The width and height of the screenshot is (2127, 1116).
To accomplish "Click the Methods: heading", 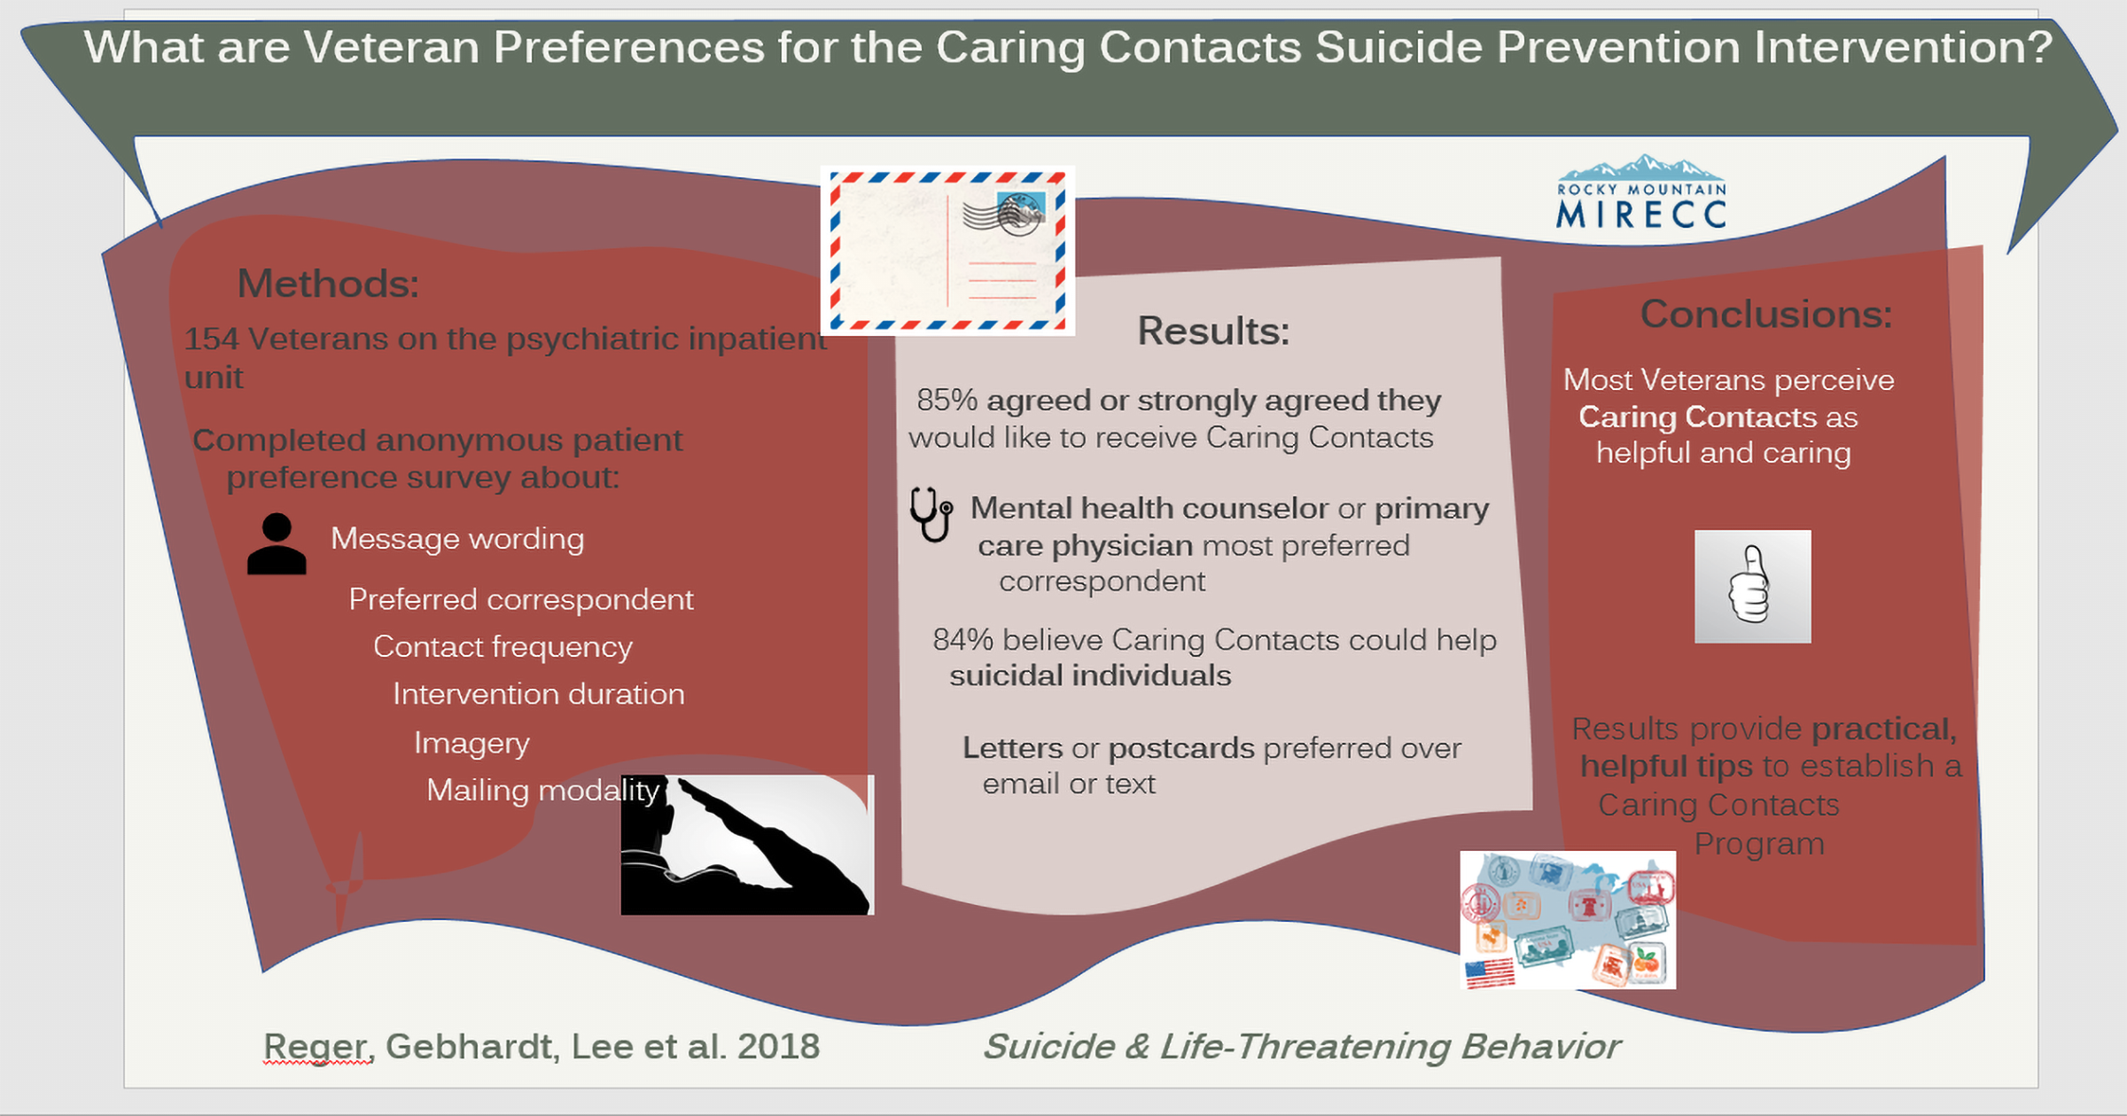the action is (328, 284).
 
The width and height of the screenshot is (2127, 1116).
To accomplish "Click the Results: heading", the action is (1213, 331).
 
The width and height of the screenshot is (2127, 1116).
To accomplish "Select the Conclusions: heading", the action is (1766, 314).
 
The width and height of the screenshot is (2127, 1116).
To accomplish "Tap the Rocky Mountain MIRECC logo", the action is (1641, 192).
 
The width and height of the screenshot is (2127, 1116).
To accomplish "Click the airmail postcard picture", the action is (947, 251).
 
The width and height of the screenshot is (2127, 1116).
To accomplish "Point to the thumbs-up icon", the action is (1752, 587).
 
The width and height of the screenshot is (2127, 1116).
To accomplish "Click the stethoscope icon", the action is (931, 513).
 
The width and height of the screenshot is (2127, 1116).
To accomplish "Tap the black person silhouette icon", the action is (277, 544).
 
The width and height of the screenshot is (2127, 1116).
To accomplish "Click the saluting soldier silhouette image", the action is (747, 845).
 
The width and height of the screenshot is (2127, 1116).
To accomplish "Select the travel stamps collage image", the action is (1568, 920).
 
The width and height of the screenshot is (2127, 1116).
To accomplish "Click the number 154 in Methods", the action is (212, 339).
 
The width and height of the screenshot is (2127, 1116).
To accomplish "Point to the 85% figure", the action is (947, 400).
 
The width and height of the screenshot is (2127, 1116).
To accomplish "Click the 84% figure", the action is (962, 640).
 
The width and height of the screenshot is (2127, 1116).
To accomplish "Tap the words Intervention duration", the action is (539, 694).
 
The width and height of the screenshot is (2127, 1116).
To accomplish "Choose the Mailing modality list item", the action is (543, 790).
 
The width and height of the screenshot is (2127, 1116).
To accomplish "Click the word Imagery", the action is (471, 743).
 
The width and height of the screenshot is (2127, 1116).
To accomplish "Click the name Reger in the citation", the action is (316, 1048).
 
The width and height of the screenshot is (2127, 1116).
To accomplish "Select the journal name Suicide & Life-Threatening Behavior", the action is (1302, 1047).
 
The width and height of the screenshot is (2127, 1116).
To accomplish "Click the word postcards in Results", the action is (1181, 749).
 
